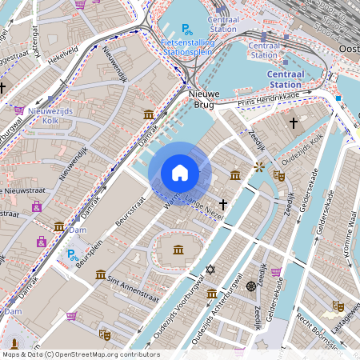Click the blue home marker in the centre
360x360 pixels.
(x=180, y=172)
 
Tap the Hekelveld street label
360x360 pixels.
(x=67, y=53)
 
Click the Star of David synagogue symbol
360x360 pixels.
(x=210, y=270)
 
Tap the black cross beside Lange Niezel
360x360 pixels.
(x=223, y=205)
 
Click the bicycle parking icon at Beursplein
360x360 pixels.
(x=71, y=255)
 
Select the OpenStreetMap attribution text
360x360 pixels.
(x=80, y=354)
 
